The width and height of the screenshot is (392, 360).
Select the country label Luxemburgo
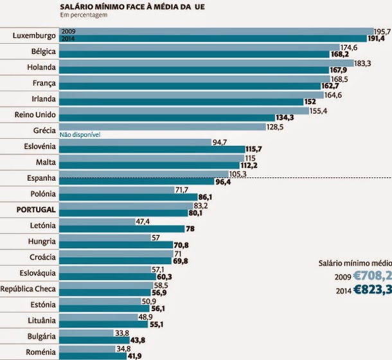33,35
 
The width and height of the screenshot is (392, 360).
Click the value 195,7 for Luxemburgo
382,31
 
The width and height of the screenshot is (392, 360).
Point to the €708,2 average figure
375,276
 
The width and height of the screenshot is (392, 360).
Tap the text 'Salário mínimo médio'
355,262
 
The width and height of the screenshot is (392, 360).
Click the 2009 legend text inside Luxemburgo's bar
68,31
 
